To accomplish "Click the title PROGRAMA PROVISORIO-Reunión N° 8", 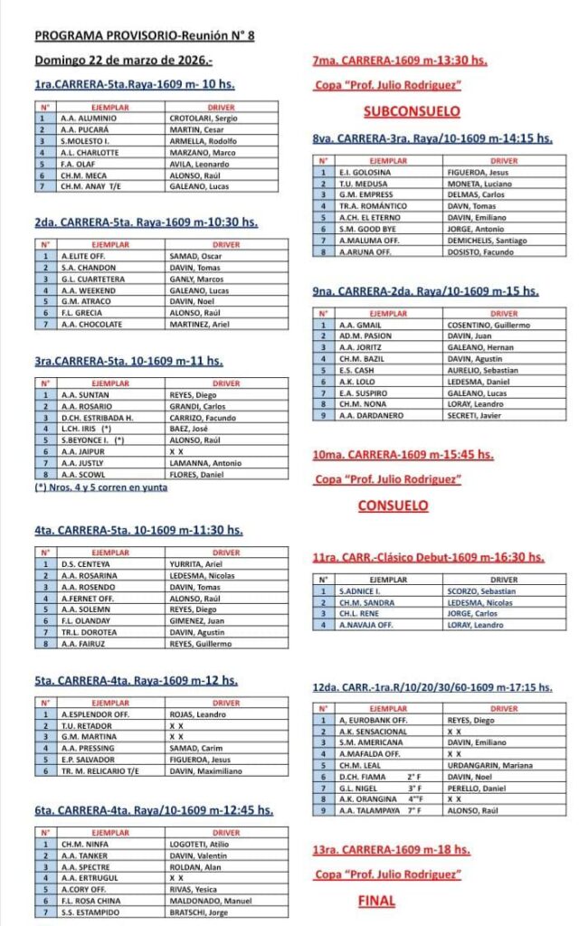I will (145, 36).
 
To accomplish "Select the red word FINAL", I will (376, 901).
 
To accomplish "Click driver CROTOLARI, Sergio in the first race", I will (204, 118).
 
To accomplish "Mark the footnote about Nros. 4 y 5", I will (101, 487).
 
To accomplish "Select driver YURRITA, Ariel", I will (196, 564).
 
